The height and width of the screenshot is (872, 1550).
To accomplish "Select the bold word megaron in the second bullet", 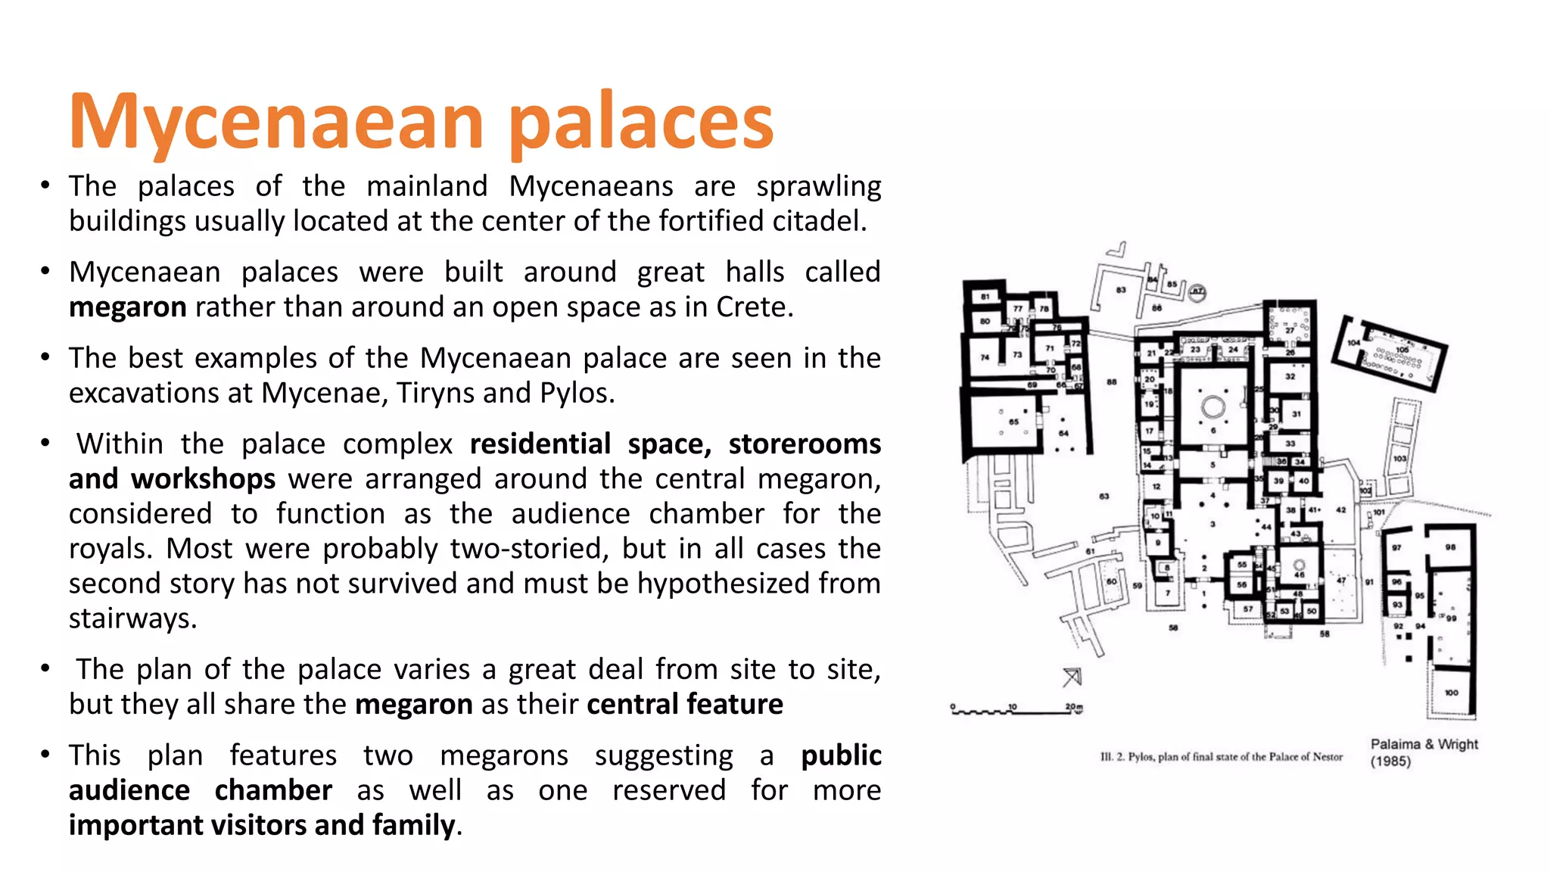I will [127, 307].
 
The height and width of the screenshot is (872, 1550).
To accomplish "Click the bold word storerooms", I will [805, 444].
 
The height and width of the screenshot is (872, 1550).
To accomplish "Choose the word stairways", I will [132, 619].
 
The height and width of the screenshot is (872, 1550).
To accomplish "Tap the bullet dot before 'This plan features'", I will [46, 755].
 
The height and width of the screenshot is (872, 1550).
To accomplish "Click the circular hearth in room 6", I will [1213, 406].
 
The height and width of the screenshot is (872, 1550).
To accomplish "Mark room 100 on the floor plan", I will [1451, 693].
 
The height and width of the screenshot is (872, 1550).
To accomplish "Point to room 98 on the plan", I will [1450, 547].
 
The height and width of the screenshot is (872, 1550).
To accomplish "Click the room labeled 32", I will [1290, 376].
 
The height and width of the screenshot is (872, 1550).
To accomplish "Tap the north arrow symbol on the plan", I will [1072, 676].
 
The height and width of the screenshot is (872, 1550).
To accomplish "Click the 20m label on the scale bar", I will [1074, 707].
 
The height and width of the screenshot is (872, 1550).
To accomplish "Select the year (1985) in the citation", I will [1390, 761].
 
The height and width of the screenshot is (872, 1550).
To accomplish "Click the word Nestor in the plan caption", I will [1327, 756].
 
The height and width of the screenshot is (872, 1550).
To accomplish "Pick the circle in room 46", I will [1299, 565].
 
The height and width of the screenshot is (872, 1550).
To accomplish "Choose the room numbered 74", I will [985, 357].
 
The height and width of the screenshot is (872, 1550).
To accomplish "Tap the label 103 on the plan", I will [1400, 459].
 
